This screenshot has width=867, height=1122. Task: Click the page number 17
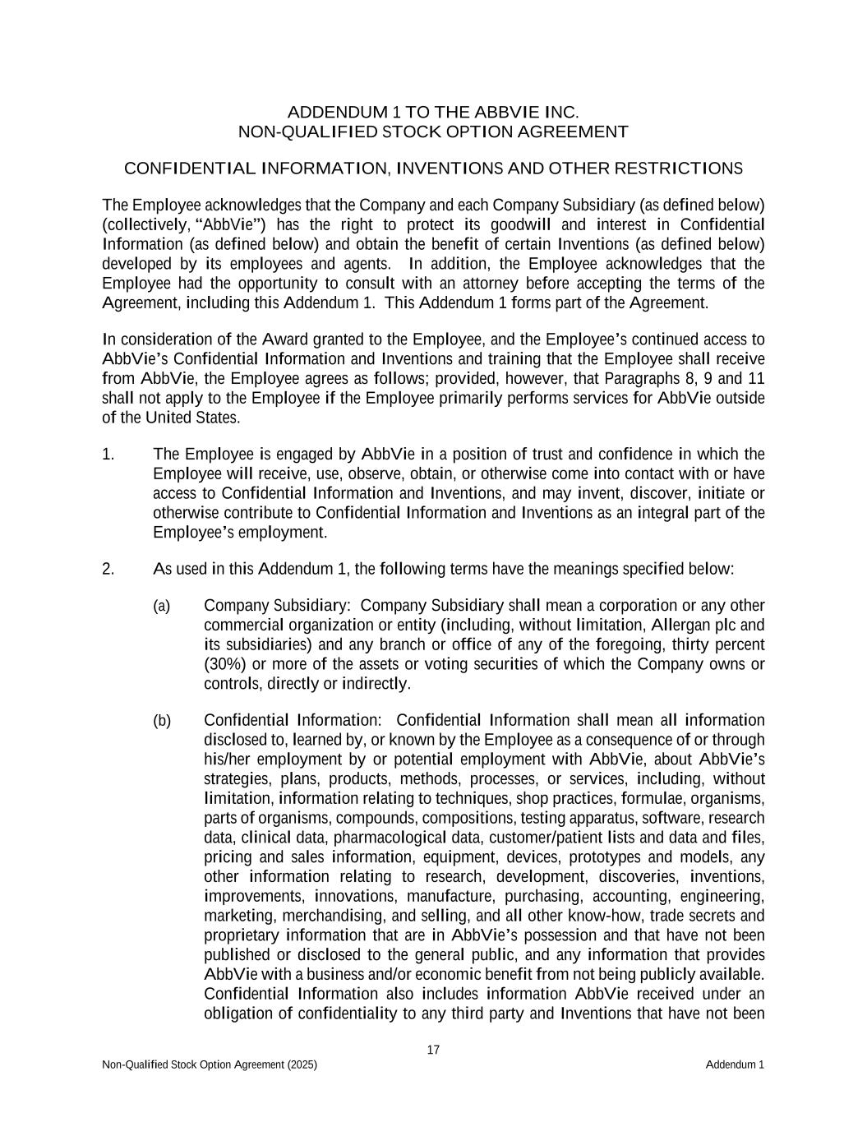click(x=433, y=1050)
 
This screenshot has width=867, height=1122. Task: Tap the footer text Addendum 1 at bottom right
click(x=735, y=1065)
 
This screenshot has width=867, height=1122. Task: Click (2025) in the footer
click(x=302, y=1065)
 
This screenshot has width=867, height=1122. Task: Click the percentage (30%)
click(x=224, y=664)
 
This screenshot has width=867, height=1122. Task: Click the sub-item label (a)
click(x=162, y=606)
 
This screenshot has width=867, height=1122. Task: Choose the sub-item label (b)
click(x=162, y=721)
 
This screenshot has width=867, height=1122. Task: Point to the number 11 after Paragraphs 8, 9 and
click(x=756, y=379)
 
